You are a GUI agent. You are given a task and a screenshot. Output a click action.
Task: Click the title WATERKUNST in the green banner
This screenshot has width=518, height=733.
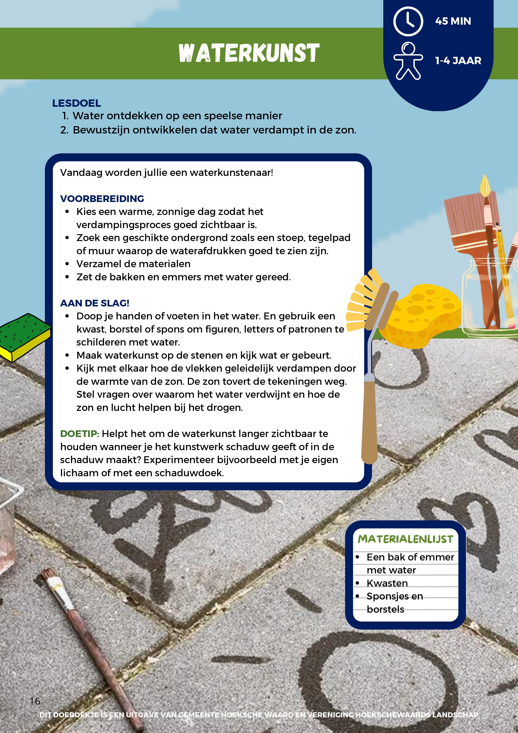pyautogui.click(x=249, y=53)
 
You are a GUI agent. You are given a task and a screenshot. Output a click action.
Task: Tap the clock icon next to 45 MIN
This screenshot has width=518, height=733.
pyautogui.click(x=408, y=21)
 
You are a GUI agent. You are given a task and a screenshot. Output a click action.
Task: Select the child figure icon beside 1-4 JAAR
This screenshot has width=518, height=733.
pyautogui.click(x=408, y=61)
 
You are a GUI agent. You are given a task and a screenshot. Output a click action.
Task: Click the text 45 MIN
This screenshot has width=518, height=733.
pyautogui.click(x=453, y=21)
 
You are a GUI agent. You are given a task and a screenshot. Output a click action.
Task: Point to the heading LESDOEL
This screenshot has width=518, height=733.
pyautogui.click(x=77, y=103)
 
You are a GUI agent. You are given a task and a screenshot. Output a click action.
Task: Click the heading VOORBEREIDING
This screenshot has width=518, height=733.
pyautogui.click(x=102, y=199)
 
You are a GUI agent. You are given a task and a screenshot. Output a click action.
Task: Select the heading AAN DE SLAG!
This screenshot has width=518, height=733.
pyautogui.click(x=95, y=303)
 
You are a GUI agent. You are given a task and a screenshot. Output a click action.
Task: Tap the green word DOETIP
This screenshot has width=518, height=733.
pyautogui.click(x=79, y=433)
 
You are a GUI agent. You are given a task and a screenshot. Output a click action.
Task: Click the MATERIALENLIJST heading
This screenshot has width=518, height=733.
pyautogui.click(x=405, y=539)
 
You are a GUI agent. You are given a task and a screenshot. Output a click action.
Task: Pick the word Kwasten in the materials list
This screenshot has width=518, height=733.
pyautogui.click(x=387, y=583)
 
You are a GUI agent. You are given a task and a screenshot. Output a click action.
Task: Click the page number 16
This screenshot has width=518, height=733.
pyautogui.click(x=35, y=701)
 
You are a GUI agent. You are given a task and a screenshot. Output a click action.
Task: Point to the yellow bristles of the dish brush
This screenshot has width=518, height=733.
pyautogui.click(x=364, y=300)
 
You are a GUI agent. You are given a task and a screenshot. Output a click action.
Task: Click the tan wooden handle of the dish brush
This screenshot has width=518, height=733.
pyautogui.click(x=370, y=421)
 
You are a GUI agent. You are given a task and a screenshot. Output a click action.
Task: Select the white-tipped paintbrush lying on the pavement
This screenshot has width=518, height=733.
pyautogui.click(x=92, y=648)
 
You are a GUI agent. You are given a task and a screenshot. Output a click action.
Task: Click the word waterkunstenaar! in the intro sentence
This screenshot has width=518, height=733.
pyautogui.click(x=231, y=173)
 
